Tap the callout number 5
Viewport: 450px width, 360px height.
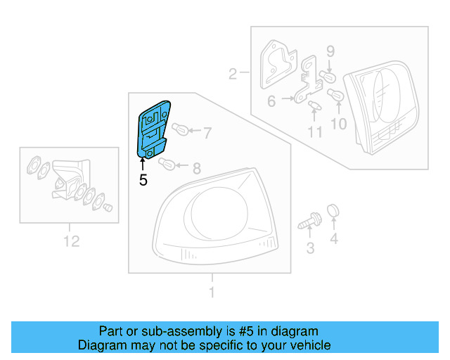143,180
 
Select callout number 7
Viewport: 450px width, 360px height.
207,131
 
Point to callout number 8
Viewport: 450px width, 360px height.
196,168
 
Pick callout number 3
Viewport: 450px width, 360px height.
309,247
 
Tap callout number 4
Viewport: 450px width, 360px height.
334,240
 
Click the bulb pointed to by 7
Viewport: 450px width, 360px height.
179,130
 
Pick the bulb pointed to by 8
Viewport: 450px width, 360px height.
167,165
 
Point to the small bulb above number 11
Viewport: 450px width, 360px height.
314,106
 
